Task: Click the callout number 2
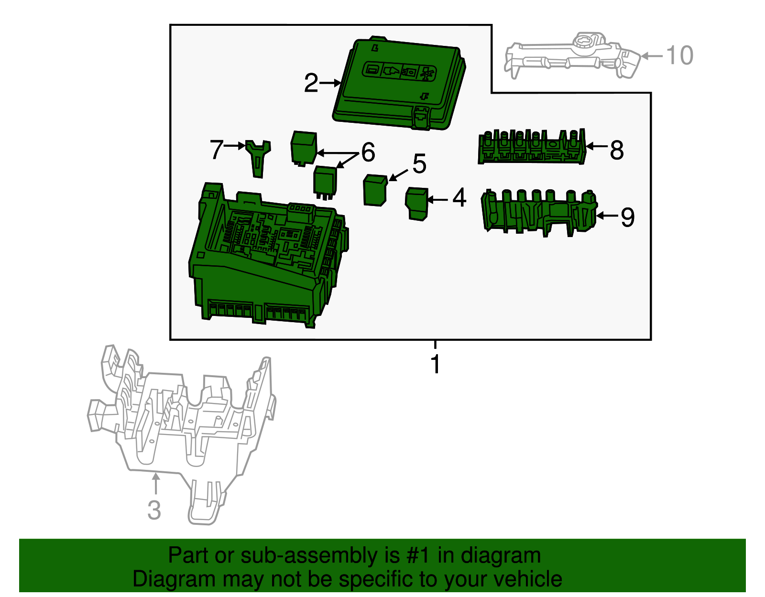311,83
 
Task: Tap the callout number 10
679,55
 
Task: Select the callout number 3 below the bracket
154,510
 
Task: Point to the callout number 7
216,150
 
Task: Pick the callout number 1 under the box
435,365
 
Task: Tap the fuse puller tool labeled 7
258,158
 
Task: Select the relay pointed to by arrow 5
375,190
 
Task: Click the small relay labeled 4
416,203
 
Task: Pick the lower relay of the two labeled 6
325,181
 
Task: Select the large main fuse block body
263,258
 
